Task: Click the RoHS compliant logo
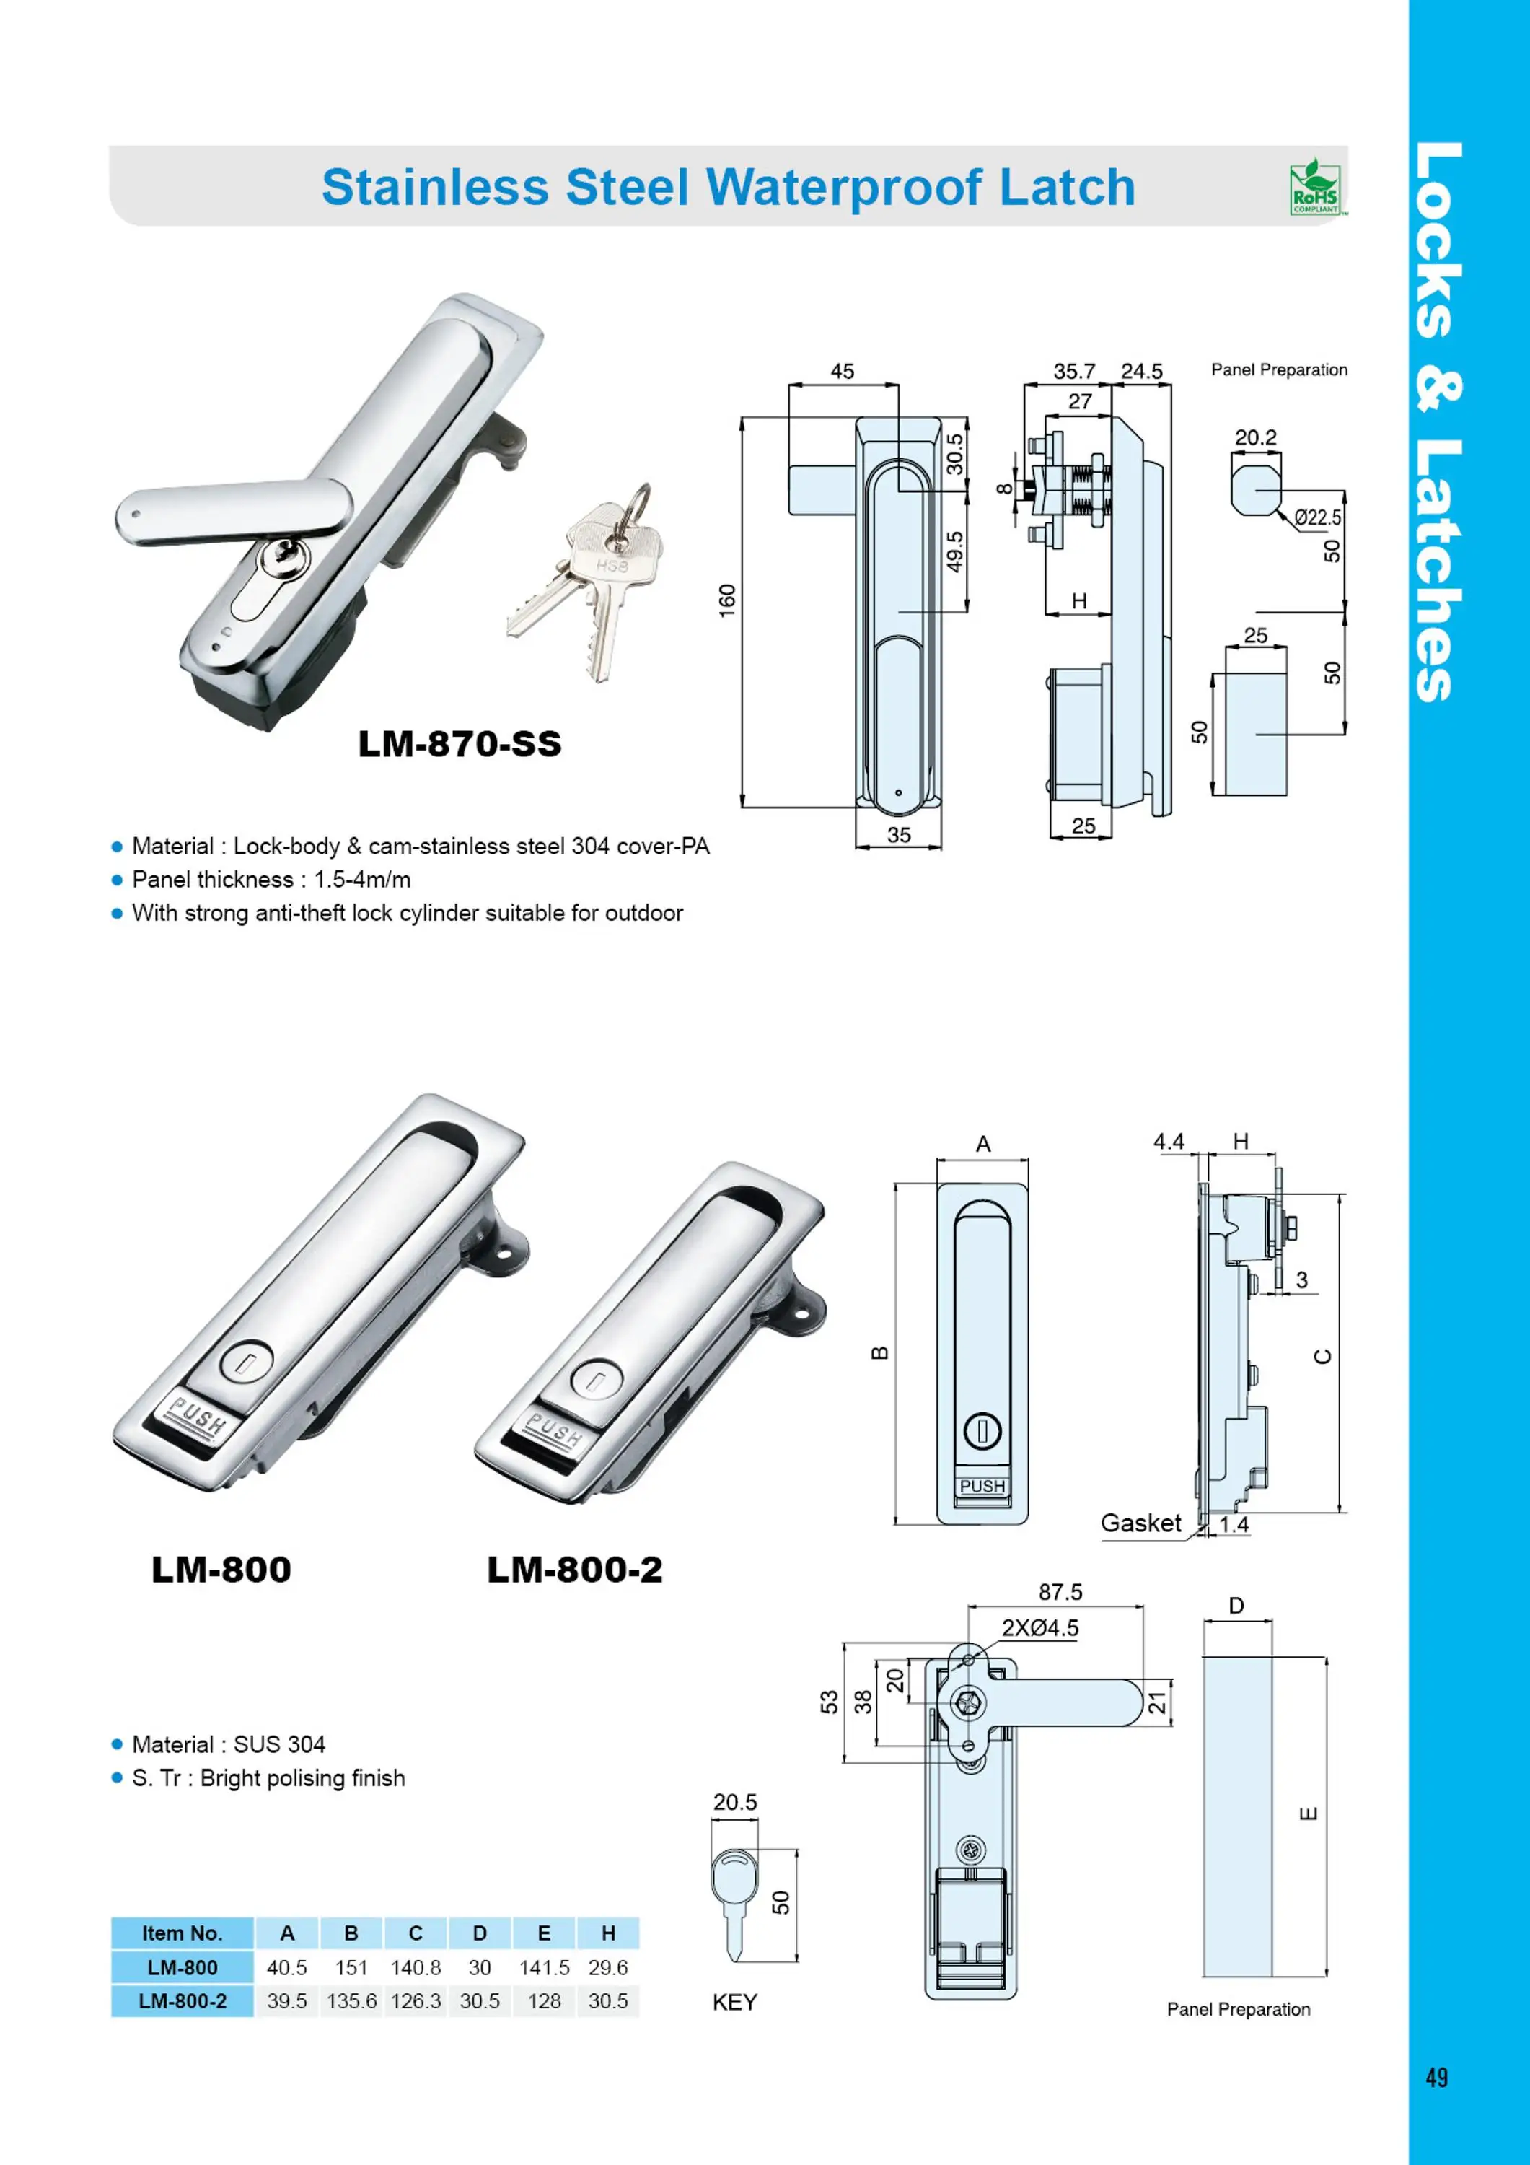[x=1314, y=187]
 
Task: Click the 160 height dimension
[x=727, y=600]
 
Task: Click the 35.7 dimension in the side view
[x=1073, y=372]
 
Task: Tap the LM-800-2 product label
[x=574, y=1570]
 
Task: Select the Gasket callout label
[x=1140, y=1523]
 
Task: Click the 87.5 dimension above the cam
[x=1060, y=1593]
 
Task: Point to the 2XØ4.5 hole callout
[x=1039, y=1629]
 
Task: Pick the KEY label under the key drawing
[x=734, y=2002]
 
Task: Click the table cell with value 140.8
[x=415, y=1967]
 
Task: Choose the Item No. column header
[x=182, y=1933]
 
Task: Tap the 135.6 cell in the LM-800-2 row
[x=351, y=2001]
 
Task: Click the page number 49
[x=1436, y=2077]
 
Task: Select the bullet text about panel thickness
[x=271, y=880]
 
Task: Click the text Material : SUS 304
[x=228, y=1744]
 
